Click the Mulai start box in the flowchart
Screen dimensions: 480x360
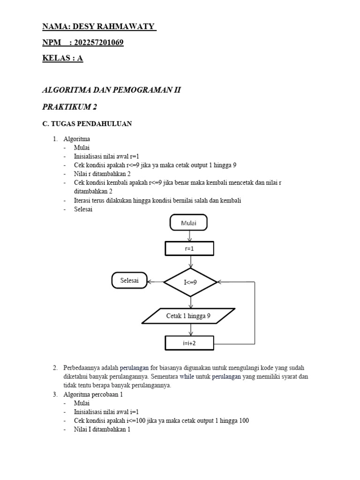[x=189, y=224]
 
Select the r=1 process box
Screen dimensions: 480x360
[x=189, y=249]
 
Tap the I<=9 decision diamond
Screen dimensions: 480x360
[x=190, y=282]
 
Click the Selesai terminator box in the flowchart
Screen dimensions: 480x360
[x=129, y=281]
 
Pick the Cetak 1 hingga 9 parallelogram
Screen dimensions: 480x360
[x=188, y=316]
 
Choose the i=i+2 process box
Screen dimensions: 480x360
[x=189, y=343]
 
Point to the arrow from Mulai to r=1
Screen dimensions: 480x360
[x=189, y=236]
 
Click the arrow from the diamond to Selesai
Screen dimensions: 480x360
[x=155, y=282]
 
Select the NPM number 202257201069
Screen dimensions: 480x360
[x=98, y=43]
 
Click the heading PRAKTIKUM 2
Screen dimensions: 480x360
[x=69, y=107]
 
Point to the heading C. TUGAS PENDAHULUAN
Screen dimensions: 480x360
[x=87, y=124]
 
